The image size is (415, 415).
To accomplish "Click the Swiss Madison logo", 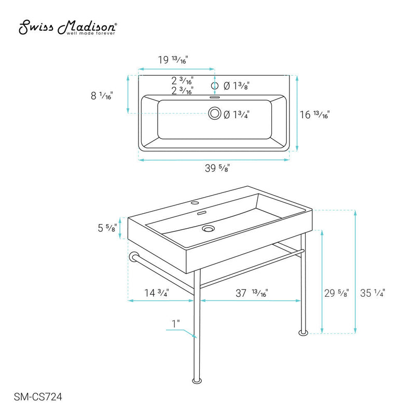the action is [67, 27].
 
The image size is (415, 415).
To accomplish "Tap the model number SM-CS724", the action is [38, 397].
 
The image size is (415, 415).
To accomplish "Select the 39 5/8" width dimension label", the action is [217, 168].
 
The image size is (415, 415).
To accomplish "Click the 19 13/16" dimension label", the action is [173, 60].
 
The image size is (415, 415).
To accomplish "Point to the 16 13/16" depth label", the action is [315, 115].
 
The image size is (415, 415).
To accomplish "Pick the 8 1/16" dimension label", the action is [102, 95].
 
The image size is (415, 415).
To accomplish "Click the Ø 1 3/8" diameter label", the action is [237, 86].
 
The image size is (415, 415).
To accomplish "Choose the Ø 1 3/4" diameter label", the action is [237, 115].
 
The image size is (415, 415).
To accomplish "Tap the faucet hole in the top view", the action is [215, 86].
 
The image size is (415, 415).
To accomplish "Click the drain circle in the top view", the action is [215, 113].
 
